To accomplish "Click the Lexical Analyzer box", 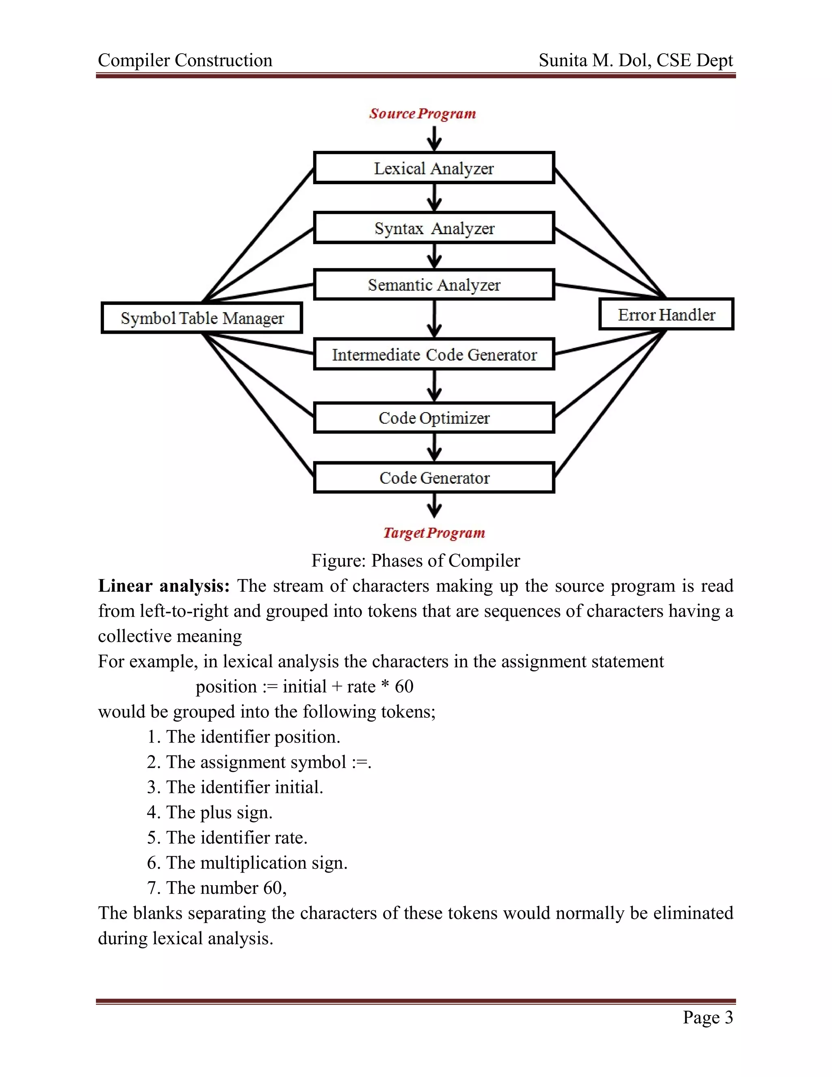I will point(434,168).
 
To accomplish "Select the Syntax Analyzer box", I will point(434,228).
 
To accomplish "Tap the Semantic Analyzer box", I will point(434,284).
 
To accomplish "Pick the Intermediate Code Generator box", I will point(434,354).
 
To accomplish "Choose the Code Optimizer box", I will point(434,418).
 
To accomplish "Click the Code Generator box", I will point(434,478).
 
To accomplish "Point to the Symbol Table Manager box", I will point(201,318).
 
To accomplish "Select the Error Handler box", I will point(666,315).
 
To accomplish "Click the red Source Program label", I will point(422,113).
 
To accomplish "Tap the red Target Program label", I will point(434,532).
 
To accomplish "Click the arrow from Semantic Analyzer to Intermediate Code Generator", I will point(434,318).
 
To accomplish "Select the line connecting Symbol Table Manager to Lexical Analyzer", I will point(259,235).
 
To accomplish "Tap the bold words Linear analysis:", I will point(164,586).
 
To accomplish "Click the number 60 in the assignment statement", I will point(404,686).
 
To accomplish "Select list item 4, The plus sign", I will point(210,812).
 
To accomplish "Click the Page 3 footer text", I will point(707,1017).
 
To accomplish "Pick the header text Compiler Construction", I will point(185,60).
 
